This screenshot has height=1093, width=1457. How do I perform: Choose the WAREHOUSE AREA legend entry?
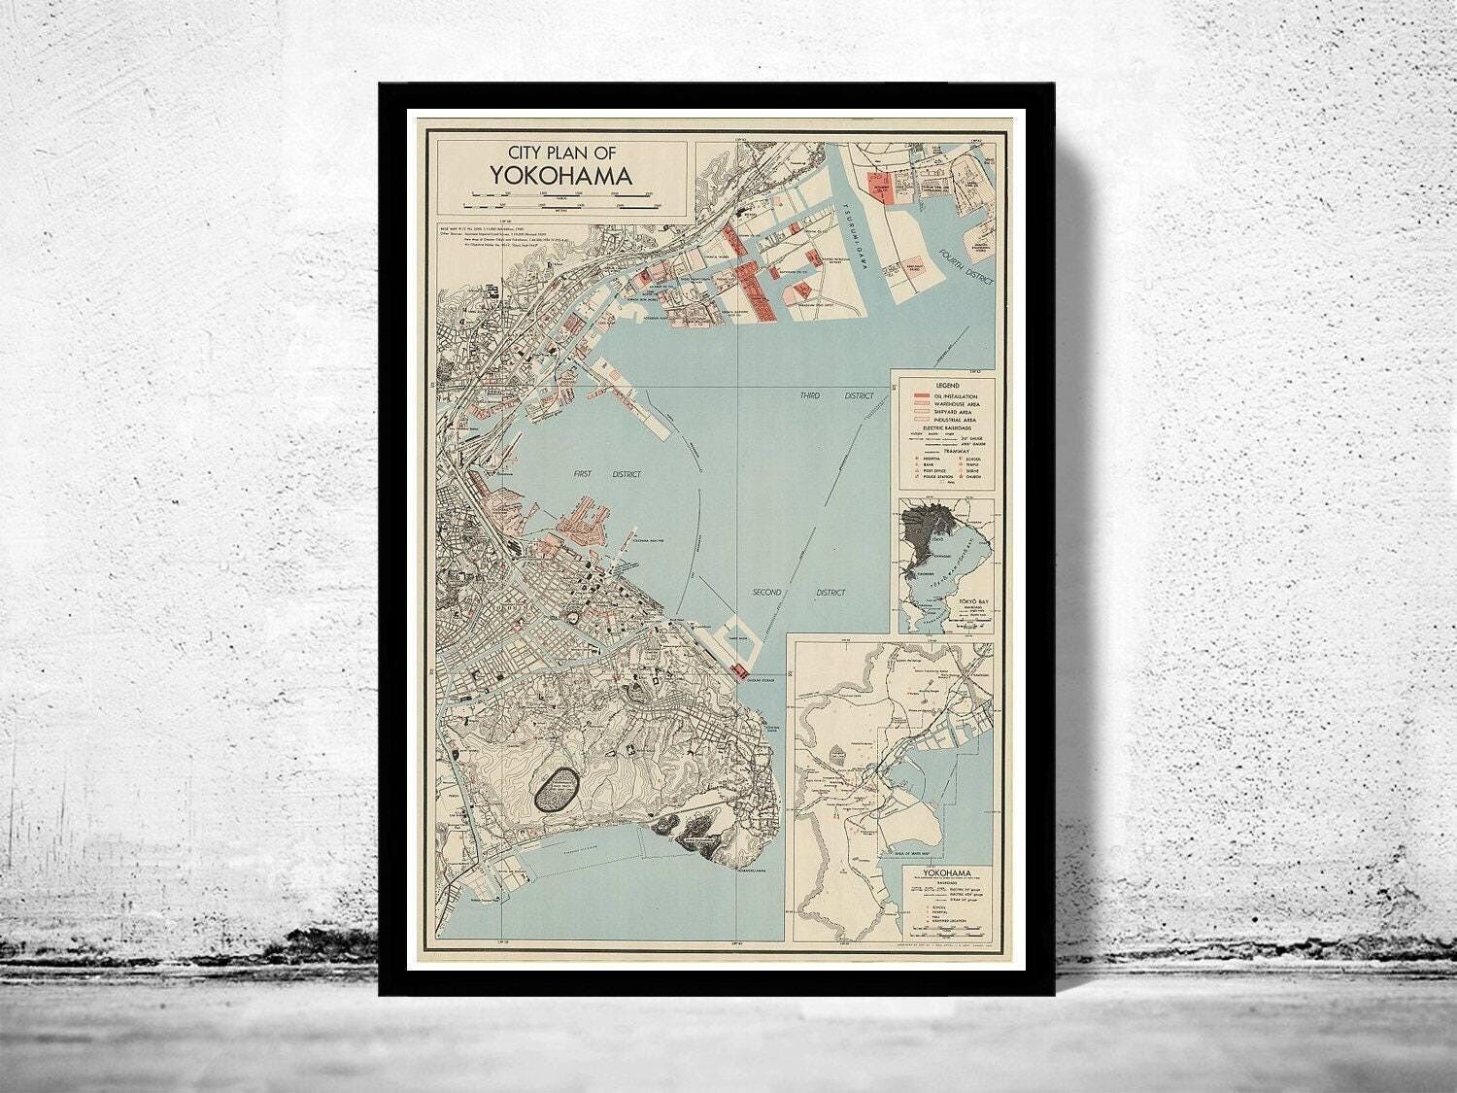[x=957, y=404]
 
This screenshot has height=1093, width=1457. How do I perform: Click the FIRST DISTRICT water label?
[x=599, y=474]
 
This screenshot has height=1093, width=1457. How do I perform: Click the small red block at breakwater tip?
[x=741, y=670]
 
